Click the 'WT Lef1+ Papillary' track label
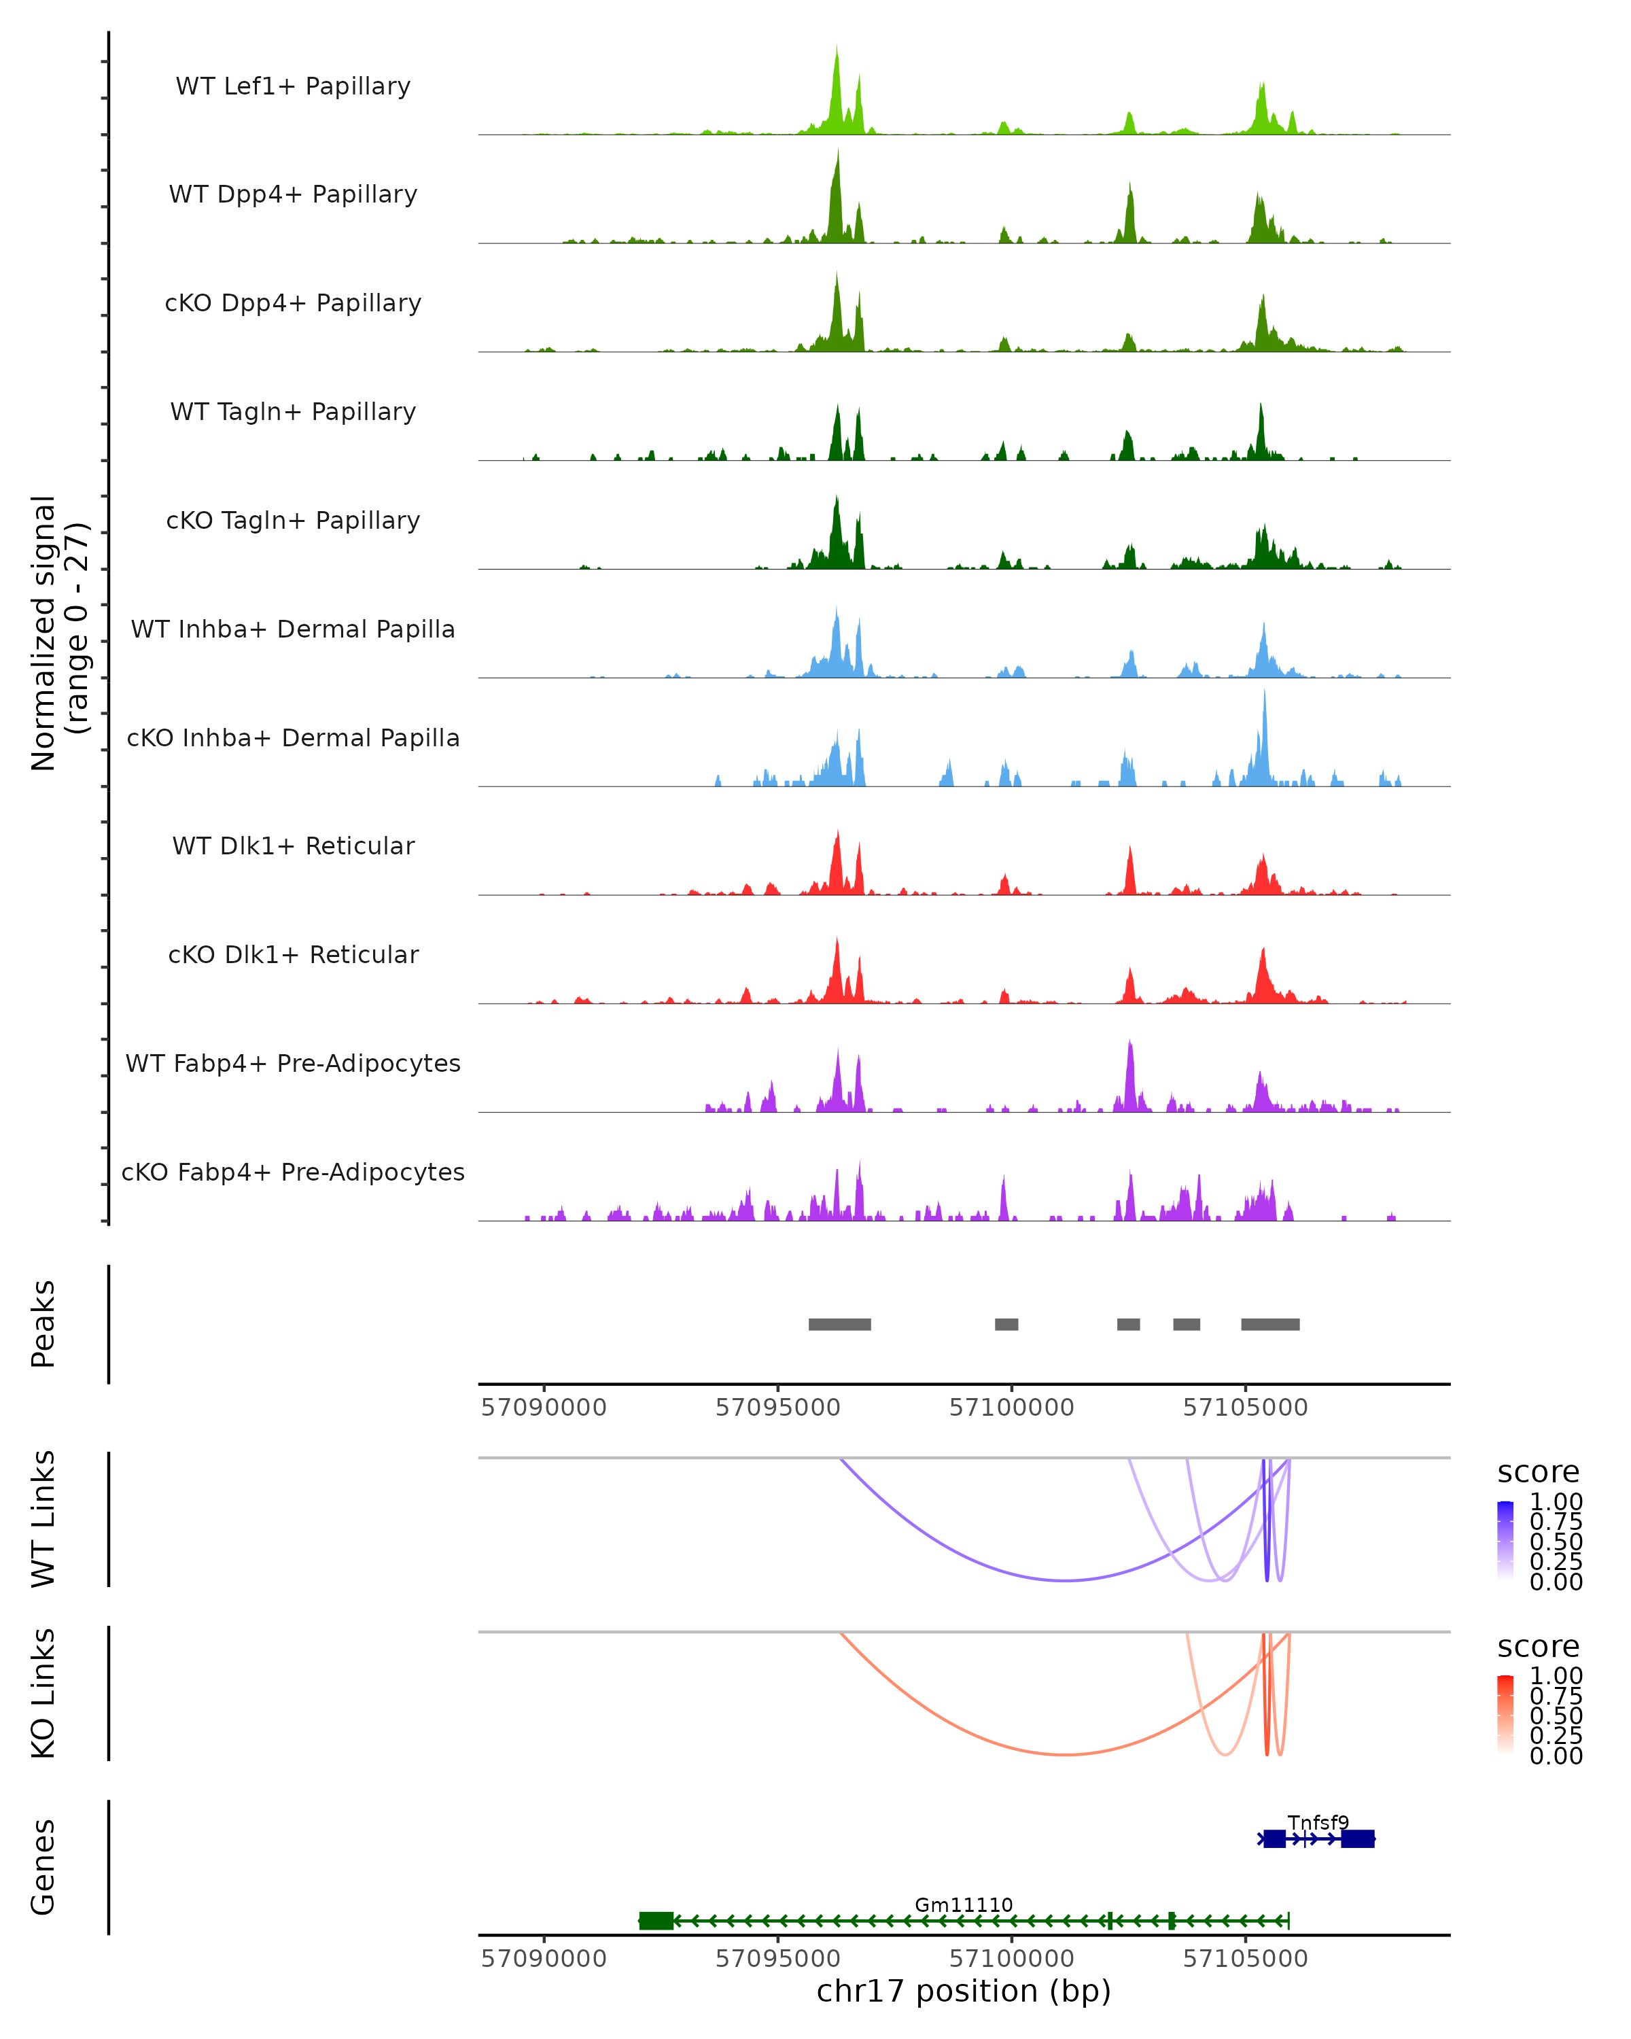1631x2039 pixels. pyautogui.click(x=293, y=87)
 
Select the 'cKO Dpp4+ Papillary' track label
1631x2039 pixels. pyautogui.click(x=293, y=304)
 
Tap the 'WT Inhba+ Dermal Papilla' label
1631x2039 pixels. pyautogui.click(x=293, y=630)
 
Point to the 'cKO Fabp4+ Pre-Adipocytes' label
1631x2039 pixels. pyautogui.click(x=293, y=1172)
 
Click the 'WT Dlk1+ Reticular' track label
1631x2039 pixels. pyautogui.click(x=293, y=846)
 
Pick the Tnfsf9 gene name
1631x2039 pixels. pyautogui.click(x=1318, y=1822)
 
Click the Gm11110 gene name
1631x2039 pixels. pyautogui.click(x=964, y=1904)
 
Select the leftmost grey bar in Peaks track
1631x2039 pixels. pyautogui.click(x=839, y=1324)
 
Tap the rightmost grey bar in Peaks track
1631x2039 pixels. pyautogui.click(x=1270, y=1324)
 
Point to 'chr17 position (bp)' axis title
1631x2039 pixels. pyautogui.click(x=964, y=1991)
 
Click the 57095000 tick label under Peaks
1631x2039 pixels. pyautogui.click(x=777, y=1408)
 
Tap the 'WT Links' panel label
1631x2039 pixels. pyautogui.click(x=43, y=1519)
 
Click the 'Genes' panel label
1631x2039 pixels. pyautogui.click(x=43, y=1867)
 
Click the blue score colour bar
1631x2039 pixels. pyautogui.click(x=1505, y=1541)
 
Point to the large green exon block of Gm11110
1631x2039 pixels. pyautogui.click(x=656, y=1921)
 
